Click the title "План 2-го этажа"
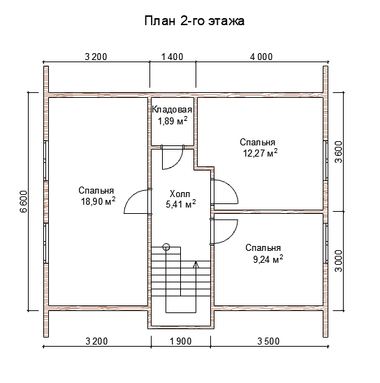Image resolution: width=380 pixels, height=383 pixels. tap(194, 21)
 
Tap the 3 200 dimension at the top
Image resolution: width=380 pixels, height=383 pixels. tap(96, 57)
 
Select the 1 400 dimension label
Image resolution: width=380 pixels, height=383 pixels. tap(173, 57)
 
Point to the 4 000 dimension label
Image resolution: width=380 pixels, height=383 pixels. tap(261, 57)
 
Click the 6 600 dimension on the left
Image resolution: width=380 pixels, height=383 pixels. tap(24, 201)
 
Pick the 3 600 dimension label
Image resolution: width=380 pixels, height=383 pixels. tap(339, 152)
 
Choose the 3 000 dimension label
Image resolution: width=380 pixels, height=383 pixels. tap(339, 261)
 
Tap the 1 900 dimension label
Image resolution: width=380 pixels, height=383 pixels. tap(181, 341)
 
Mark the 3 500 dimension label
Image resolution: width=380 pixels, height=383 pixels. tap(268, 341)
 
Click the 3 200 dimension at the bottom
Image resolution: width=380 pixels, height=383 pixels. tap(96, 341)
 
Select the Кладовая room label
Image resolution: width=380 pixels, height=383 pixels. tap(172, 110)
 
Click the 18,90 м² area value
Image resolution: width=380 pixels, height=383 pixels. tap(98, 201)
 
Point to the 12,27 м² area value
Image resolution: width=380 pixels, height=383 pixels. tap(260, 152)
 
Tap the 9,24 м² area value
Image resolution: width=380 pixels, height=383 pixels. tap(268, 259)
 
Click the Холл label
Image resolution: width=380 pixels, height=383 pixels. tap(180, 194)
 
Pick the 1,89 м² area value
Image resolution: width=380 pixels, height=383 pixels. tap(173, 120)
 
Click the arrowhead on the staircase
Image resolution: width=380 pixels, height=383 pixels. tap(196, 264)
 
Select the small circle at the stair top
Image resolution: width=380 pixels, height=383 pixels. tap(166, 247)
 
